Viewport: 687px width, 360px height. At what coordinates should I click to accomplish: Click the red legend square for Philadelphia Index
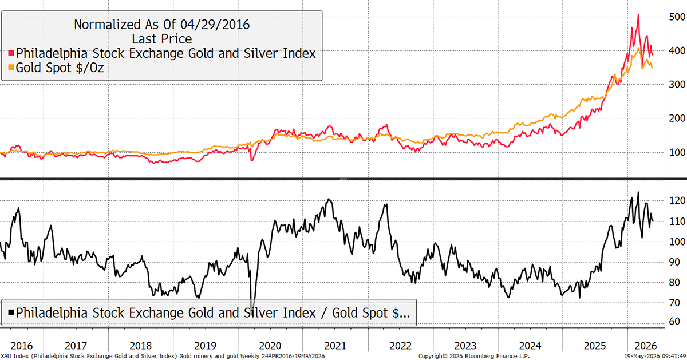pyautogui.click(x=11, y=53)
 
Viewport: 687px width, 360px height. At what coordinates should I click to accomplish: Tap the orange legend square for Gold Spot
pyautogui.click(x=11, y=67)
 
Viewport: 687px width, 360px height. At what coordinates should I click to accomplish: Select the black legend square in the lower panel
pyautogui.click(x=11, y=312)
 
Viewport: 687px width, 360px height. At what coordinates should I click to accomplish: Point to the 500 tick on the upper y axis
pyautogui.click(x=677, y=17)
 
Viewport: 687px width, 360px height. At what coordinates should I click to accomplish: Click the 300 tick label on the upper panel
pyautogui.click(x=677, y=84)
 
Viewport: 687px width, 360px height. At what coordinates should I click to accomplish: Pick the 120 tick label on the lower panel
pyautogui.click(x=677, y=200)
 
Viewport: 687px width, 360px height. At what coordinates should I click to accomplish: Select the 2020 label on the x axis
pyautogui.click(x=270, y=346)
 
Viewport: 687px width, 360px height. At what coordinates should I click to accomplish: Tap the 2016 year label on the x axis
pyautogui.click(x=22, y=346)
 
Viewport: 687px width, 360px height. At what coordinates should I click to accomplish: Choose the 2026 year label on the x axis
pyautogui.click(x=646, y=346)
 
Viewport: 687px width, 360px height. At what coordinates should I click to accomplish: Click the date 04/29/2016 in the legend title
pyautogui.click(x=215, y=25)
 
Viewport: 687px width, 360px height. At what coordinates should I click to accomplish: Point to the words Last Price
pyautogui.click(x=162, y=39)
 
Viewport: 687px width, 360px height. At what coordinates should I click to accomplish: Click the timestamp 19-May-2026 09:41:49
pyautogui.click(x=656, y=356)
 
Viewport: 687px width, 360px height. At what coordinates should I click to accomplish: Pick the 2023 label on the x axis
pyautogui.click(x=465, y=346)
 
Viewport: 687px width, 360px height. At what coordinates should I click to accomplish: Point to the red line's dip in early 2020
pyautogui.click(x=252, y=160)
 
